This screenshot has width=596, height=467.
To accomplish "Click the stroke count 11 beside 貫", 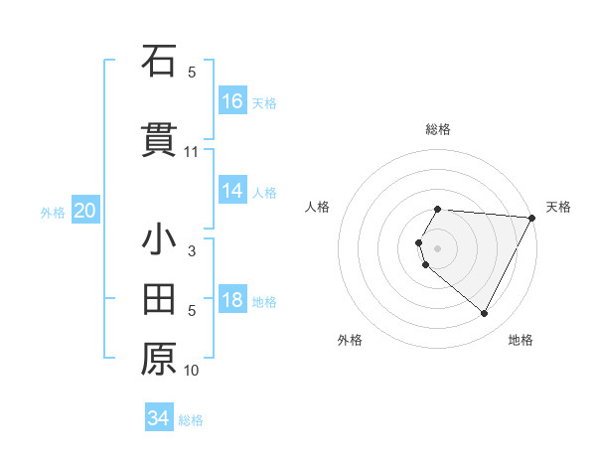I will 192,152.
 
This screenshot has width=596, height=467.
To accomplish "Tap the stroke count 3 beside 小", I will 192,251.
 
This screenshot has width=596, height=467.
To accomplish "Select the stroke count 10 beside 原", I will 192,371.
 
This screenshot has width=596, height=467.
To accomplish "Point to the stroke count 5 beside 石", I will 192,73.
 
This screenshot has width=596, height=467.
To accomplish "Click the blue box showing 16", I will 232,101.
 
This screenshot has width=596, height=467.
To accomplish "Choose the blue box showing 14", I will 232,191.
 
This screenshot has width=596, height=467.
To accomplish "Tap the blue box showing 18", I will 232,300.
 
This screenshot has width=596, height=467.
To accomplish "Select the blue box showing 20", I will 85,211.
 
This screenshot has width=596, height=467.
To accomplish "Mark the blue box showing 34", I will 159,418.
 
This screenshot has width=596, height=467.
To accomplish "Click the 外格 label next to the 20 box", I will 53,212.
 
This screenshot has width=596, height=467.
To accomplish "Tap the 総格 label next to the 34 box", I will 191,420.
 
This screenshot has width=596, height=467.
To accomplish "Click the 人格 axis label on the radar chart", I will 318,207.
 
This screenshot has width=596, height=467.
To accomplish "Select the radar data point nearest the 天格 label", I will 532,219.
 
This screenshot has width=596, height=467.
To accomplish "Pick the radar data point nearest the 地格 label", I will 485,314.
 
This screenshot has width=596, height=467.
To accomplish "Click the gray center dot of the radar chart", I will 438,247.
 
